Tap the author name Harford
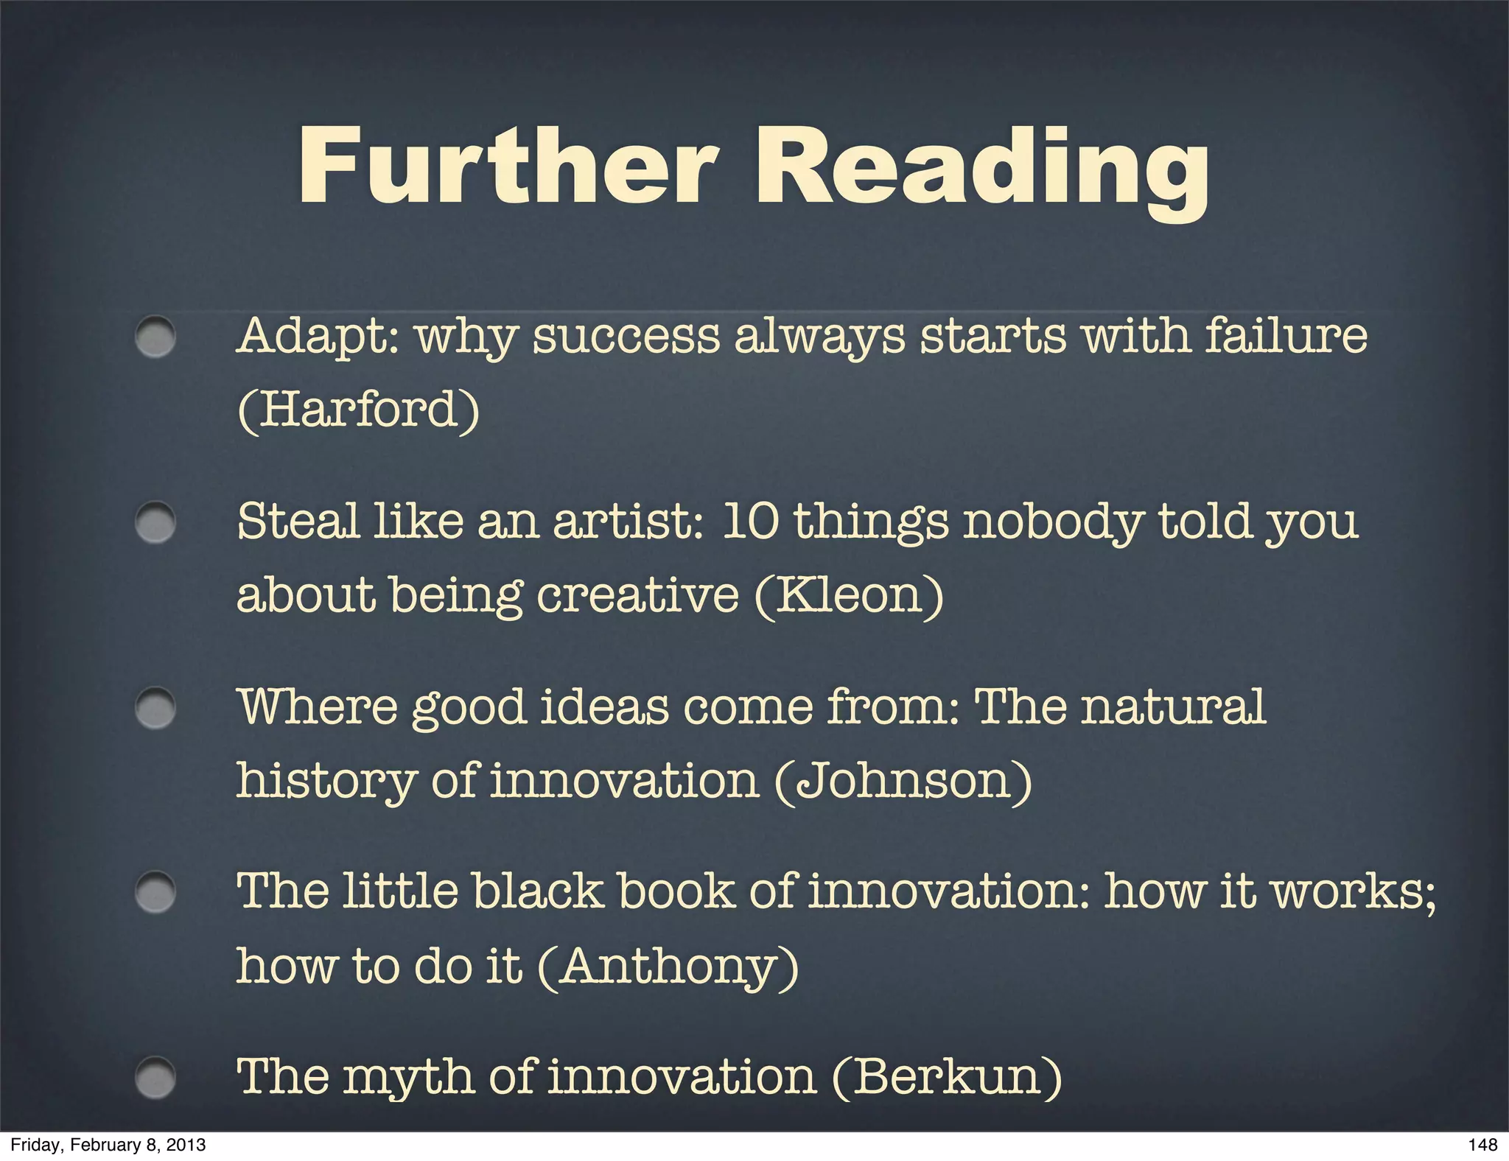point(359,410)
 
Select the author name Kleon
point(850,594)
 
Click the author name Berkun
point(947,1076)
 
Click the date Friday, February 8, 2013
point(108,1145)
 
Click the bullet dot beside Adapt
point(155,337)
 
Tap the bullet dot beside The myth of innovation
point(155,1078)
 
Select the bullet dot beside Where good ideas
point(155,708)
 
